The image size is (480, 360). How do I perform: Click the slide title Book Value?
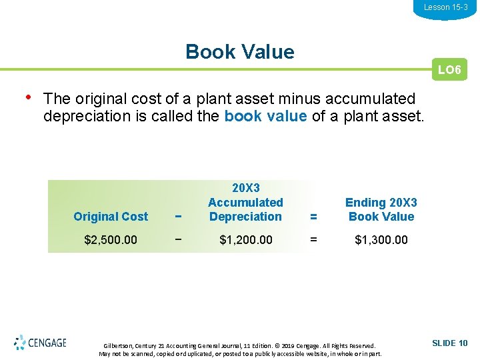click(239, 52)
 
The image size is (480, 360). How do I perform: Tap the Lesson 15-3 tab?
click(445, 7)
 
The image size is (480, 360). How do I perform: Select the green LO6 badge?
click(449, 70)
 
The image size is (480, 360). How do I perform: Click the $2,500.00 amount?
click(111, 239)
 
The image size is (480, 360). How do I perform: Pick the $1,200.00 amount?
click(245, 239)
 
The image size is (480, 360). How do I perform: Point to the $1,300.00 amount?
click(381, 239)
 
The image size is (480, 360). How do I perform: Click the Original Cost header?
click(111, 217)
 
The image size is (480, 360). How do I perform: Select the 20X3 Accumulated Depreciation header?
click(245, 202)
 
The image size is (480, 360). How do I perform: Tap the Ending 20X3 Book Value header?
click(381, 209)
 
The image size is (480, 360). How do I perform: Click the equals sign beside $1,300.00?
click(313, 239)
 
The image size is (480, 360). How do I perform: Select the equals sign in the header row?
click(313, 217)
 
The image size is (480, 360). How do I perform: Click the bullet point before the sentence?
click(27, 97)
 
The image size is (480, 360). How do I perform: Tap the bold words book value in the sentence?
click(265, 117)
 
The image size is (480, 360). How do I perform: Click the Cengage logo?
click(41, 343)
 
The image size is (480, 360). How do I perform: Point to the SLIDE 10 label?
click(449, 343)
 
